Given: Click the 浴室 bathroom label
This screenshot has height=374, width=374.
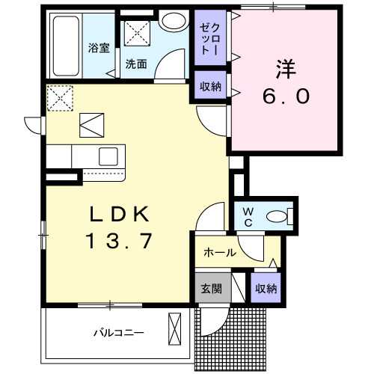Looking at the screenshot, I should click(x=98, y=49).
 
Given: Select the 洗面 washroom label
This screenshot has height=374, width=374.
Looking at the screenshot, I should click(x=136, y=64).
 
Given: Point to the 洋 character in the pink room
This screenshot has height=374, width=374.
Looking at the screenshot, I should click(x=284, y=70).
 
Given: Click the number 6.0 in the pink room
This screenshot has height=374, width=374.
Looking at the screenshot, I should click(x=285, y=97).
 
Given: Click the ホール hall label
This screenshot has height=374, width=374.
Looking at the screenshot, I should click(x=220, y=253).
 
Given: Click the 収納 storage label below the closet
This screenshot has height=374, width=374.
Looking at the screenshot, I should click(x=210, y=86).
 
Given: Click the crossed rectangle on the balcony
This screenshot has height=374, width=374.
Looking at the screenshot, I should click(x=175, y=330).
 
